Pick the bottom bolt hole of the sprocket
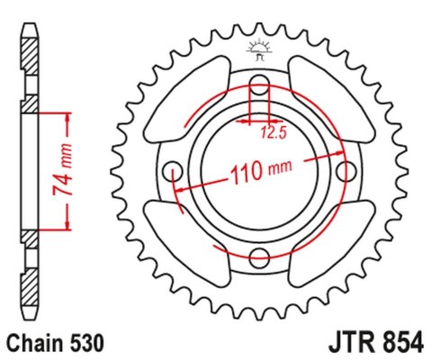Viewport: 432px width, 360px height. [x=259, y=256]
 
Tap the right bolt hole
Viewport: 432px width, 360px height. [x=343, y=171]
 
